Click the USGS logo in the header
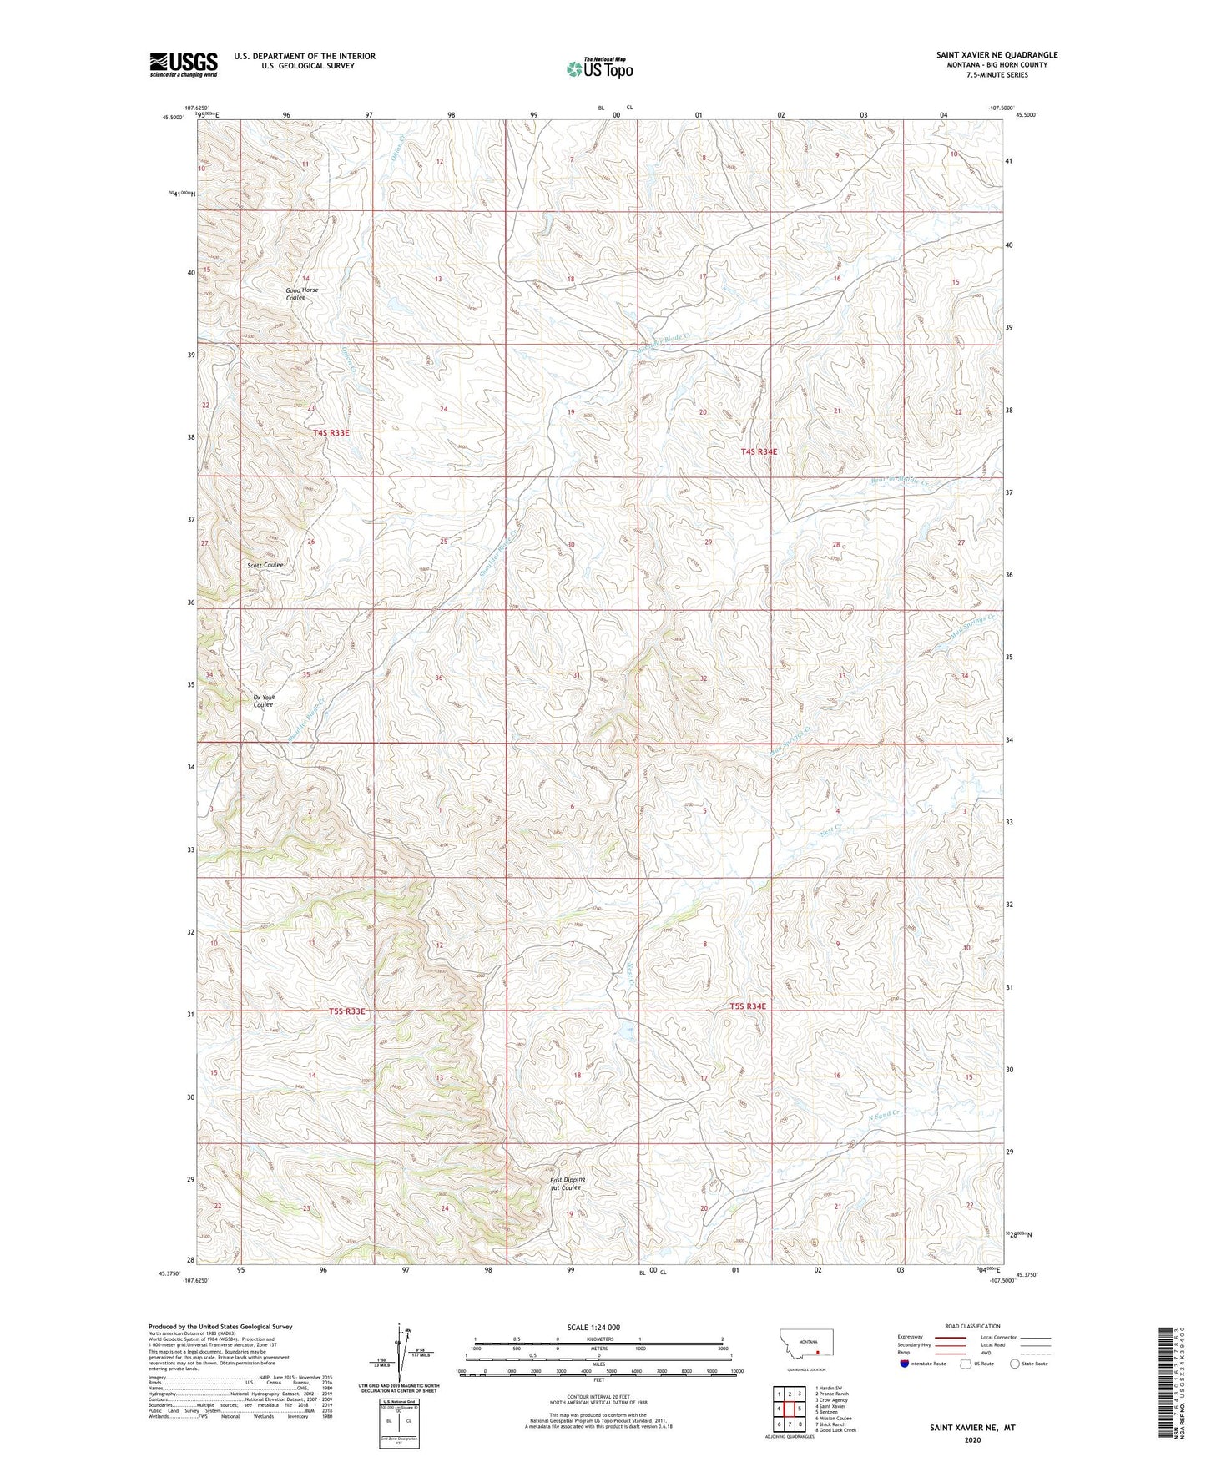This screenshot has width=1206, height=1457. (183, 64)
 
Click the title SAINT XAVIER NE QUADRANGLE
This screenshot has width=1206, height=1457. (997, 55)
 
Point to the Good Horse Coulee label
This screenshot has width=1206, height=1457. (301, 294)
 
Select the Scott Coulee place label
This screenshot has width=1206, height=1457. (265, 565)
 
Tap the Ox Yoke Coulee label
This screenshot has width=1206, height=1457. (264, 701)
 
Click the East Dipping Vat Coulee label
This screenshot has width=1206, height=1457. (568, 1183)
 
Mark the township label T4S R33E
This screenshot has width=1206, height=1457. (331, 433)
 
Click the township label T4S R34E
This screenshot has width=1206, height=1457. (759, 451)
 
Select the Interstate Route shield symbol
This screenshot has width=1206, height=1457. (905, 1387)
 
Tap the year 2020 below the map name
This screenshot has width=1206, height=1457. (972, 1440)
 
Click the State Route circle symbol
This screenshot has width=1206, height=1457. (1015, 1387)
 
